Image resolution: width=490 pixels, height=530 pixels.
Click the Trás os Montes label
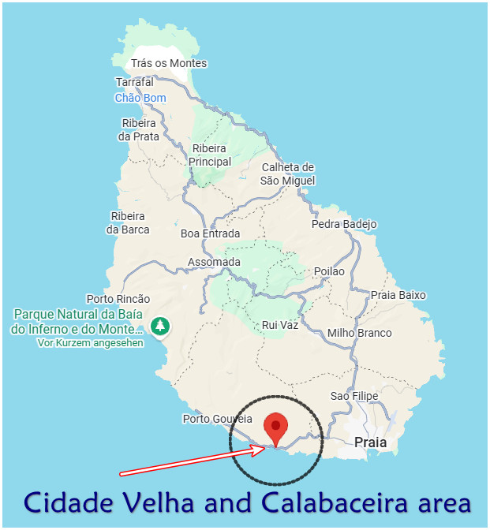[169, 63]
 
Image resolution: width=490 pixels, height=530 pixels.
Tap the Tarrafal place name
[135, 82]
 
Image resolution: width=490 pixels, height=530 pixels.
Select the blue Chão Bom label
[140, 98]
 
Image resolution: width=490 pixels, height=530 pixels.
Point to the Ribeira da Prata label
[140, 129]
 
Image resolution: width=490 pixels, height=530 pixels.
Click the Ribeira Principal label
[209, 155]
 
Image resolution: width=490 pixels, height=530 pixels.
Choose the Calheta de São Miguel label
[288, 174]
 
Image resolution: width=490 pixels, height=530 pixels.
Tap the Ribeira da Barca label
[127, 222]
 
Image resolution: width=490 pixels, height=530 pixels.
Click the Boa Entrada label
[210, 233]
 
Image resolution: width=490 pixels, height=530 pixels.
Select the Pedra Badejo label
[344, 224]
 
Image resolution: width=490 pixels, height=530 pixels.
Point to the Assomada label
[214, 262]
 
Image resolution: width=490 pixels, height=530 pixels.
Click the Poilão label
[329, 271]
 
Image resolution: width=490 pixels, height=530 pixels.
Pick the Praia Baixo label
[398, 295]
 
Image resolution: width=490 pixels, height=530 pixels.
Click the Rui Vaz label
[280, 324]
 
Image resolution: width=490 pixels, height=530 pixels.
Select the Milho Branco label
[359, 333]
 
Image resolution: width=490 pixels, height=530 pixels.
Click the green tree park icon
[160, 325]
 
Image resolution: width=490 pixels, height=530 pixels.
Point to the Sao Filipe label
[350, 396]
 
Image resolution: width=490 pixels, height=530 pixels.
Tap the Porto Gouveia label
[217, 419]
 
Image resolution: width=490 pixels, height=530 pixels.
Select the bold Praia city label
[370, 442]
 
